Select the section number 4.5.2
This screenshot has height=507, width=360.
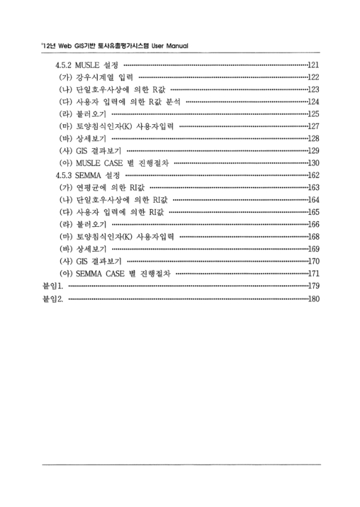65,65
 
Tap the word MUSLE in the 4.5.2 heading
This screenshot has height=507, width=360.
88,65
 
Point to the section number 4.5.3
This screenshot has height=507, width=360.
65,175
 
